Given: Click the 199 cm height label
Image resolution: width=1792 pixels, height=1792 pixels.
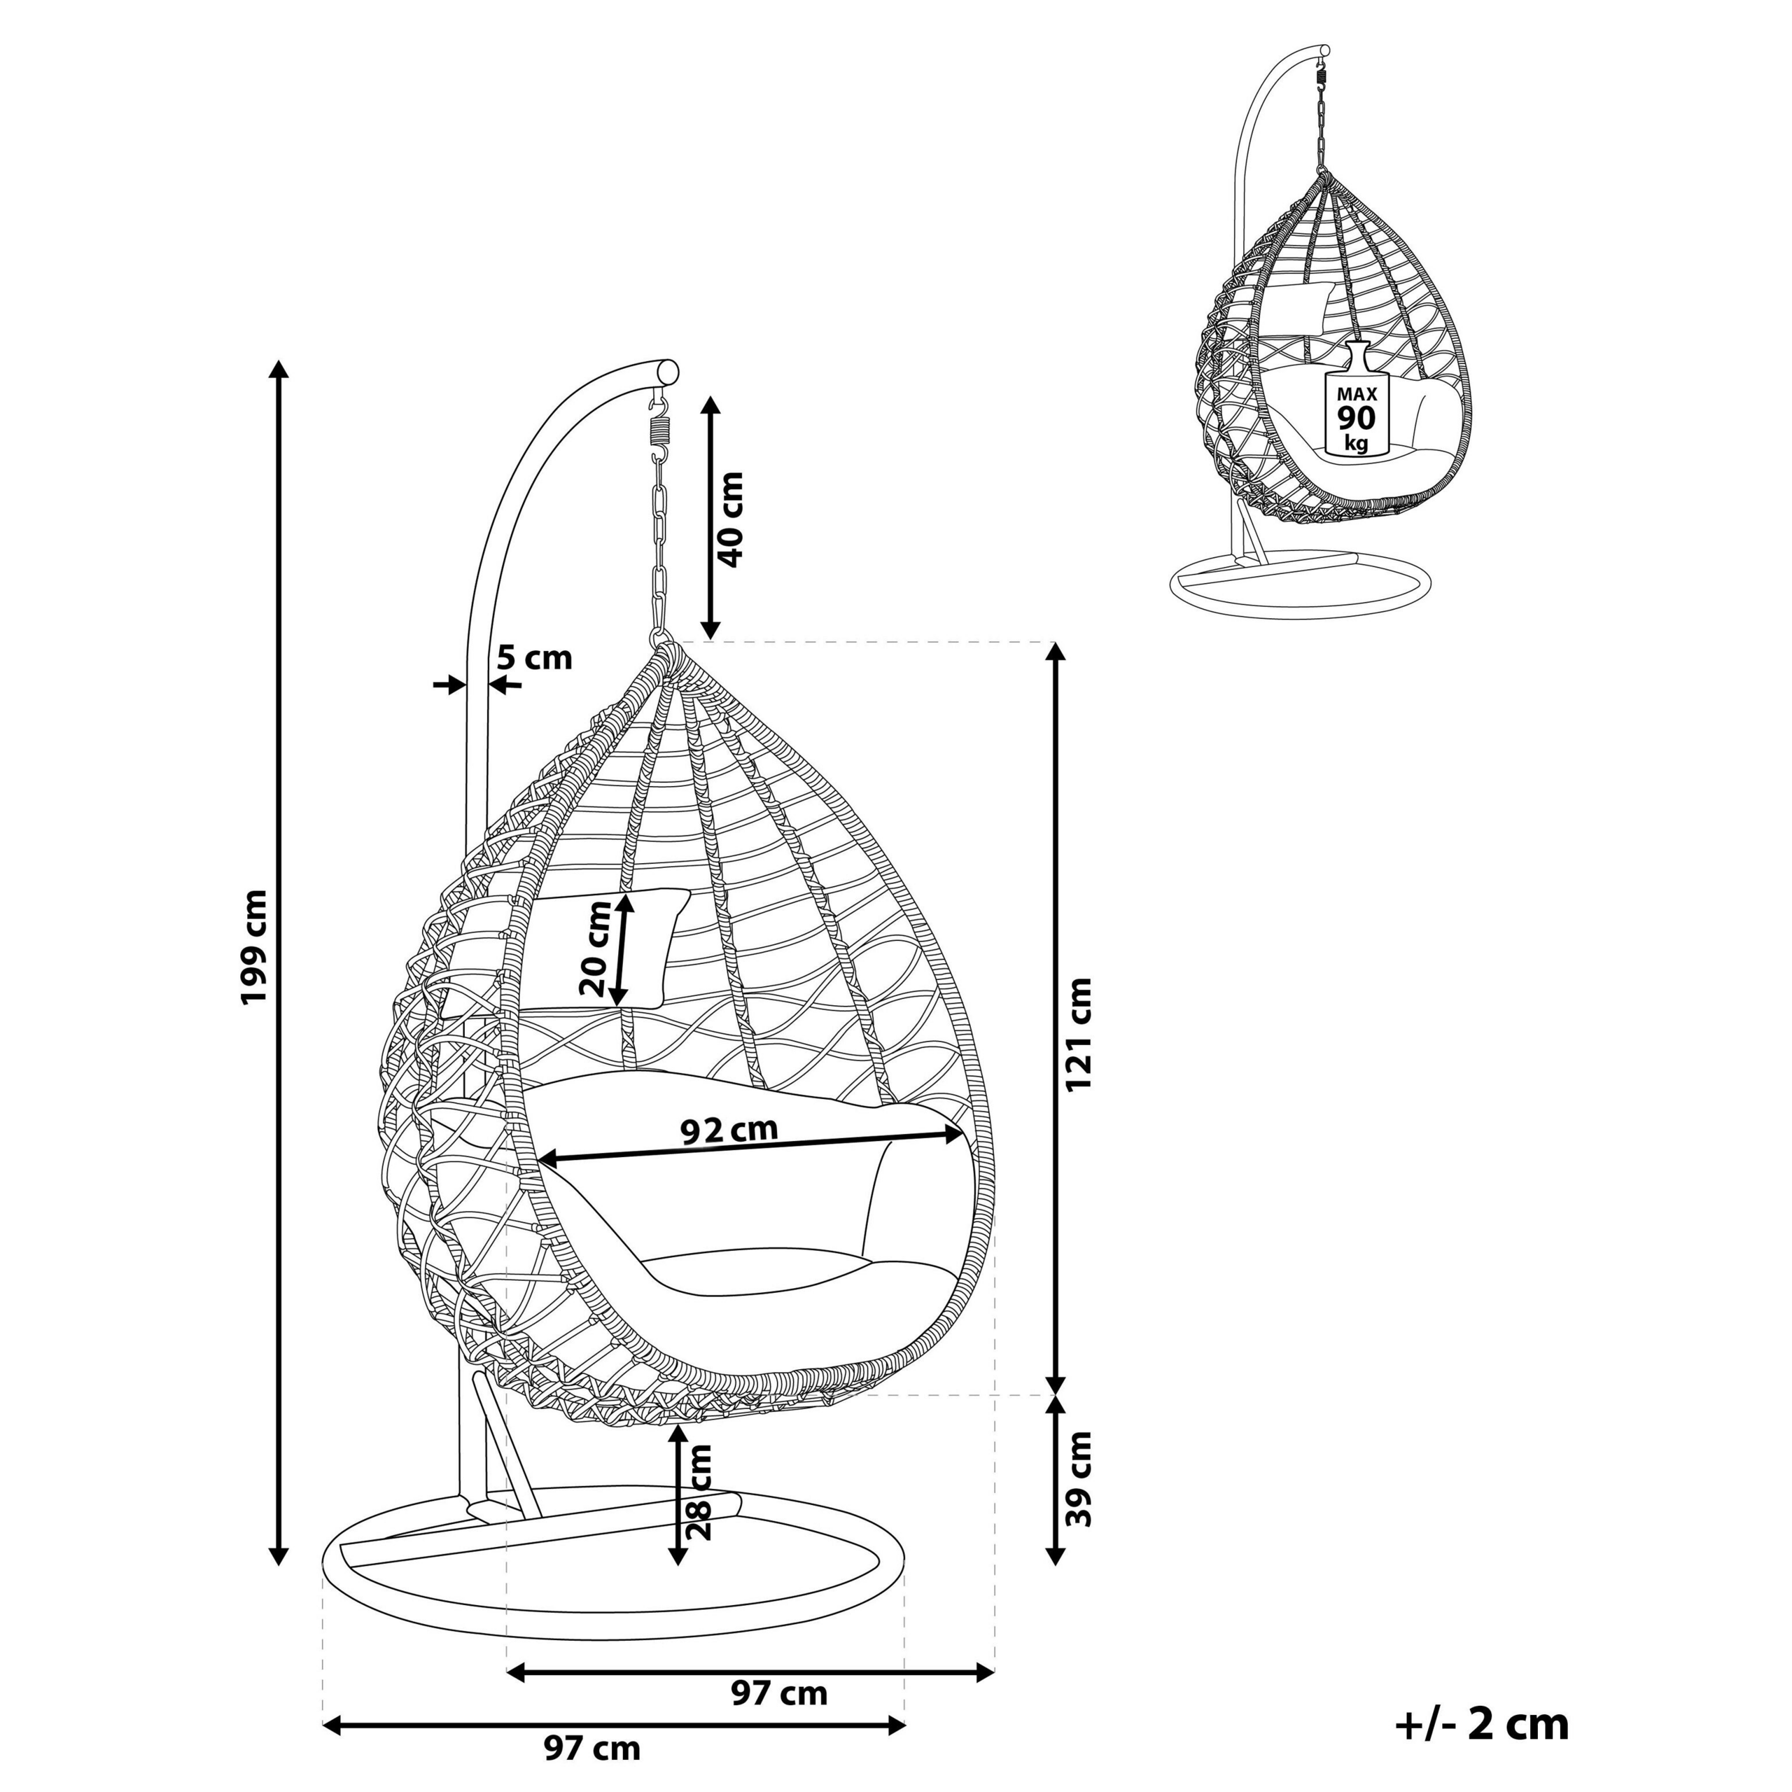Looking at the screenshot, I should (x=253, y=946).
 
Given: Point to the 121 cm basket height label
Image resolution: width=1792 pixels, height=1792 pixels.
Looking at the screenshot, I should (x=1079, y=1034).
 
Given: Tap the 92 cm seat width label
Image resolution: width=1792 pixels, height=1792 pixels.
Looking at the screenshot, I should (x=729, y=1130).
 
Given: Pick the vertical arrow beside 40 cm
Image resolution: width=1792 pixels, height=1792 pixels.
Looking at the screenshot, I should (x=710, y=517).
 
